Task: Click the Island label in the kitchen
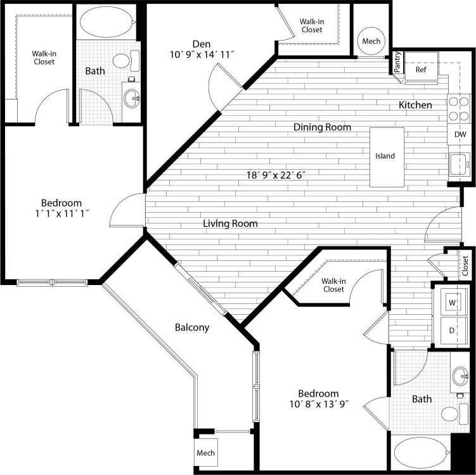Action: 385,156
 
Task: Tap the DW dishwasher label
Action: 460,135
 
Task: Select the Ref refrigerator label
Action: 421,70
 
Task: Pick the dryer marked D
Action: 453,330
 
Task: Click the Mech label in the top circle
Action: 371,41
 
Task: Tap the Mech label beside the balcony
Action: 205,453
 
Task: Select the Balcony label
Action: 192,327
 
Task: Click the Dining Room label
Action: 322,127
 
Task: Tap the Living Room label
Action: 230,224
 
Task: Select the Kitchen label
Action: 415,104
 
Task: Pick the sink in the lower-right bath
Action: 460,377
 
